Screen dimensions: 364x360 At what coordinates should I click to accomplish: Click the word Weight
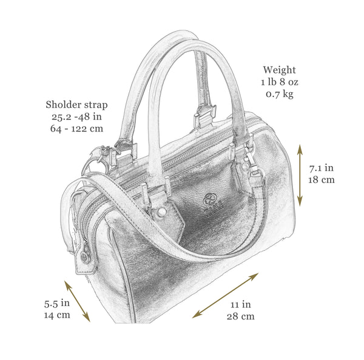click(279, 70)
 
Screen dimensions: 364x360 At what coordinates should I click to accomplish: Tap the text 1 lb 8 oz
click(280, 82)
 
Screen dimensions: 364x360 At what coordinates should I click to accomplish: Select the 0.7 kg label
click(280, 94)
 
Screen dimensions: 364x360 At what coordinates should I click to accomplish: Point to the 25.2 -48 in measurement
click(76, 117)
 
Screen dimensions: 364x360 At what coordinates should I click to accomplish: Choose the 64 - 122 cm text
click(76, 128)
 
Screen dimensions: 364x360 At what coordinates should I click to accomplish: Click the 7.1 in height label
click(322, 168)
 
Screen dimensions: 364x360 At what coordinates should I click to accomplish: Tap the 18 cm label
click(322, 180)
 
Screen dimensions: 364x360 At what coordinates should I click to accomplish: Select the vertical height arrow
click(300, 175)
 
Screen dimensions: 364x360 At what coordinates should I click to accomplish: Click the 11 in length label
click(240, 304)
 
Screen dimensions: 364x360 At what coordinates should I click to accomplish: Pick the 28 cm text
click(240, 316)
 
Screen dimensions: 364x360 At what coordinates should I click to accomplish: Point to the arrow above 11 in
click(226, 295)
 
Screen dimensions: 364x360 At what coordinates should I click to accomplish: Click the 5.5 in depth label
click(57, 303)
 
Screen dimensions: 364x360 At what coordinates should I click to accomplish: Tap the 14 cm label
click(57, 315)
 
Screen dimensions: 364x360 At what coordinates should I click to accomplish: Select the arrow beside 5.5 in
click(77, 301)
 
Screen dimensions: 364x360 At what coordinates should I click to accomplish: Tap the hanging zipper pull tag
click(85, 258)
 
